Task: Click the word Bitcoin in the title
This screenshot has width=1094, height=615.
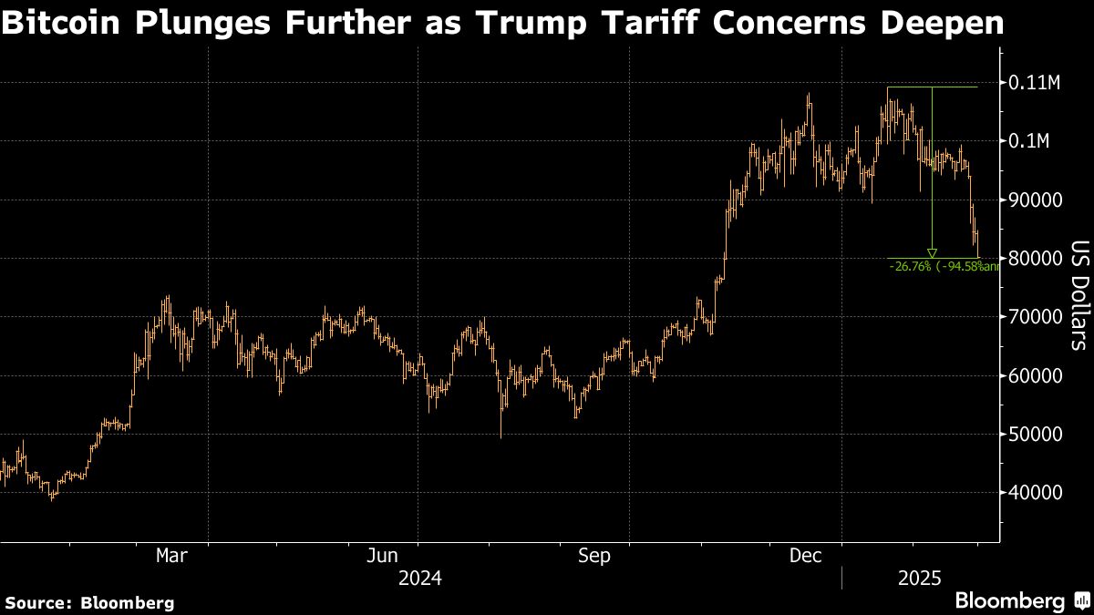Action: [64, 23]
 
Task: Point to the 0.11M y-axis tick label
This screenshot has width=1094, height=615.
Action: [1036, 83]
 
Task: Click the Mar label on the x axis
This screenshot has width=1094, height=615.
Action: [171, 555]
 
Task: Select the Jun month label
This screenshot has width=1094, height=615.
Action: [383, 555]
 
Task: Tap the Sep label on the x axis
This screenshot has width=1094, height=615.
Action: [593, 555]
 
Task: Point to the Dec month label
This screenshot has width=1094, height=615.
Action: [807, 555]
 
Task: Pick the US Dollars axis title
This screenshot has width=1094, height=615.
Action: [1079, 295]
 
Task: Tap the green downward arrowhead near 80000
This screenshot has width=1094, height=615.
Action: [932, 252]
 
